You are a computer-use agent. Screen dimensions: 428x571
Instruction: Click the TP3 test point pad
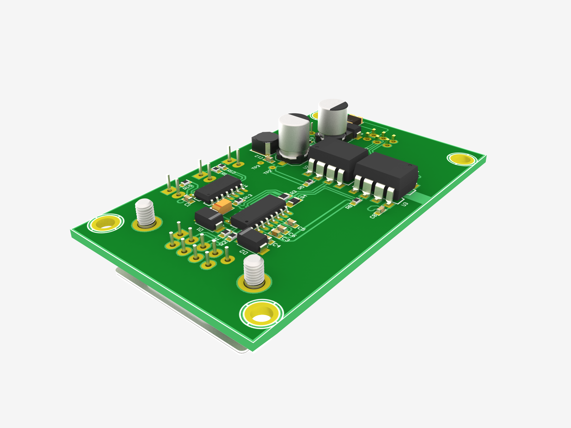coord(261,163)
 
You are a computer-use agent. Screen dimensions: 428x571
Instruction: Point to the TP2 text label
coord(267,172)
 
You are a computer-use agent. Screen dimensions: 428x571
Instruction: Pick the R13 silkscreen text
coord(248,197)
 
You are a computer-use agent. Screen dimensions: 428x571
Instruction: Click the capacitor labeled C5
coord(292,222)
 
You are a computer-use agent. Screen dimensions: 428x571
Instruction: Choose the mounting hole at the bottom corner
coord(261,314)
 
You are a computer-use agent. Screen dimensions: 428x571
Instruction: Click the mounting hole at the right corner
coord(461,159)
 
